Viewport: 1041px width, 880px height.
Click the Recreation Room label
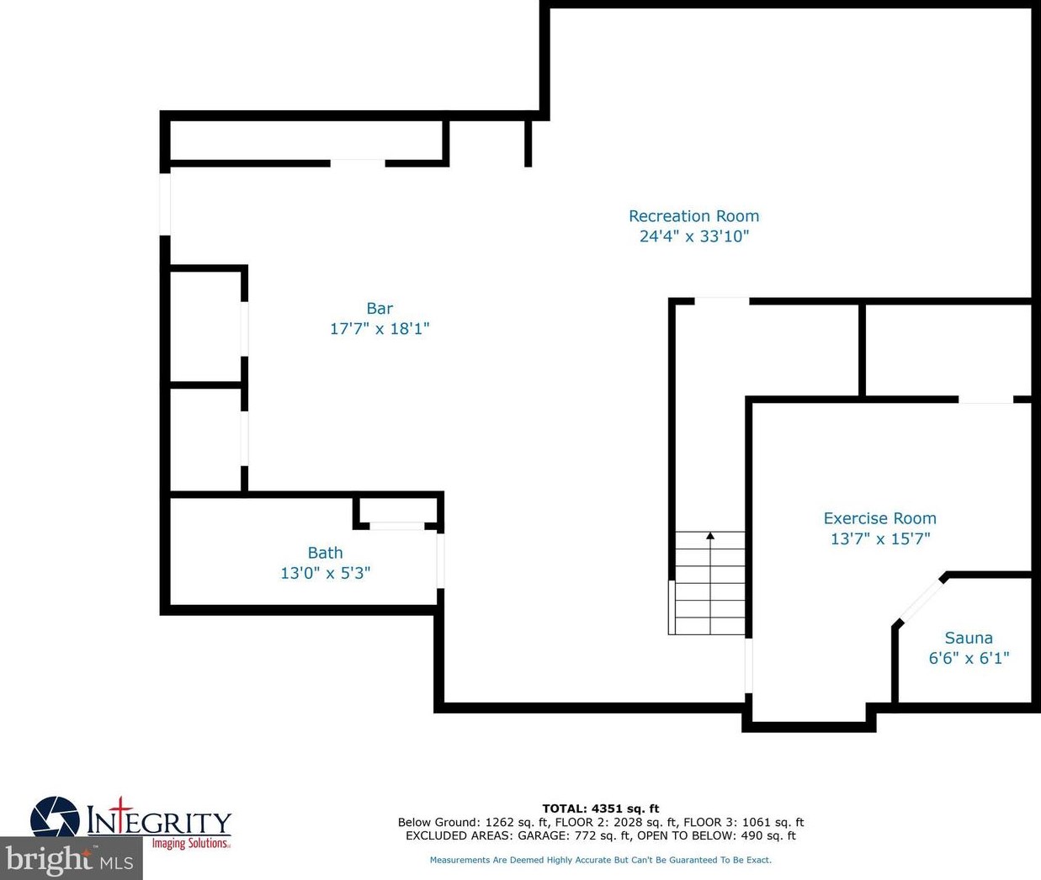pyautogui.click(x=693, y=216)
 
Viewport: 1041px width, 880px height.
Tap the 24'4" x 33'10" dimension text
pyautogui.click(x=693, y=236)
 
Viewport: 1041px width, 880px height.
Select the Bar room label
pyautogui.click(x=380, y=309)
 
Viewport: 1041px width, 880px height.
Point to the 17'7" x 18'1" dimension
pyautogui.click(x=380, y=329)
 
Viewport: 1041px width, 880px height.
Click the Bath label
pyautogui.click(x=325, y=553)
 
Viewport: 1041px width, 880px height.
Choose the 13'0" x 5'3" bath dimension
pyautogui.click(x=325, y=573)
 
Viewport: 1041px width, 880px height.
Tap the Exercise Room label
pyautogui.click(x=879, y=518)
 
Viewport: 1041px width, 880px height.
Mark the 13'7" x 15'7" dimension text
pyautogui.click(x=879, y=538)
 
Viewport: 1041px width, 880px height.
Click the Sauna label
pyautogui.click(x=968, y=638)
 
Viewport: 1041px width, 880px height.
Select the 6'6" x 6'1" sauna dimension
pyautogui.click(x=968, y=658)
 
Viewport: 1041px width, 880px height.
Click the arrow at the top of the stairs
pyautogui.click(x=710, y=536)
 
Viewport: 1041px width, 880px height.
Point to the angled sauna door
pyautogui.click(x=920, y=600)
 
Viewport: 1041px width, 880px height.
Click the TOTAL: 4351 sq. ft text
pyautogui.click(x=600, y=808)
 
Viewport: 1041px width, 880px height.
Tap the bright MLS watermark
pyautogui.click(x=71, y=860)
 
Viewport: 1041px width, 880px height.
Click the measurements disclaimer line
pyautogui.click(x=600, y=860)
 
